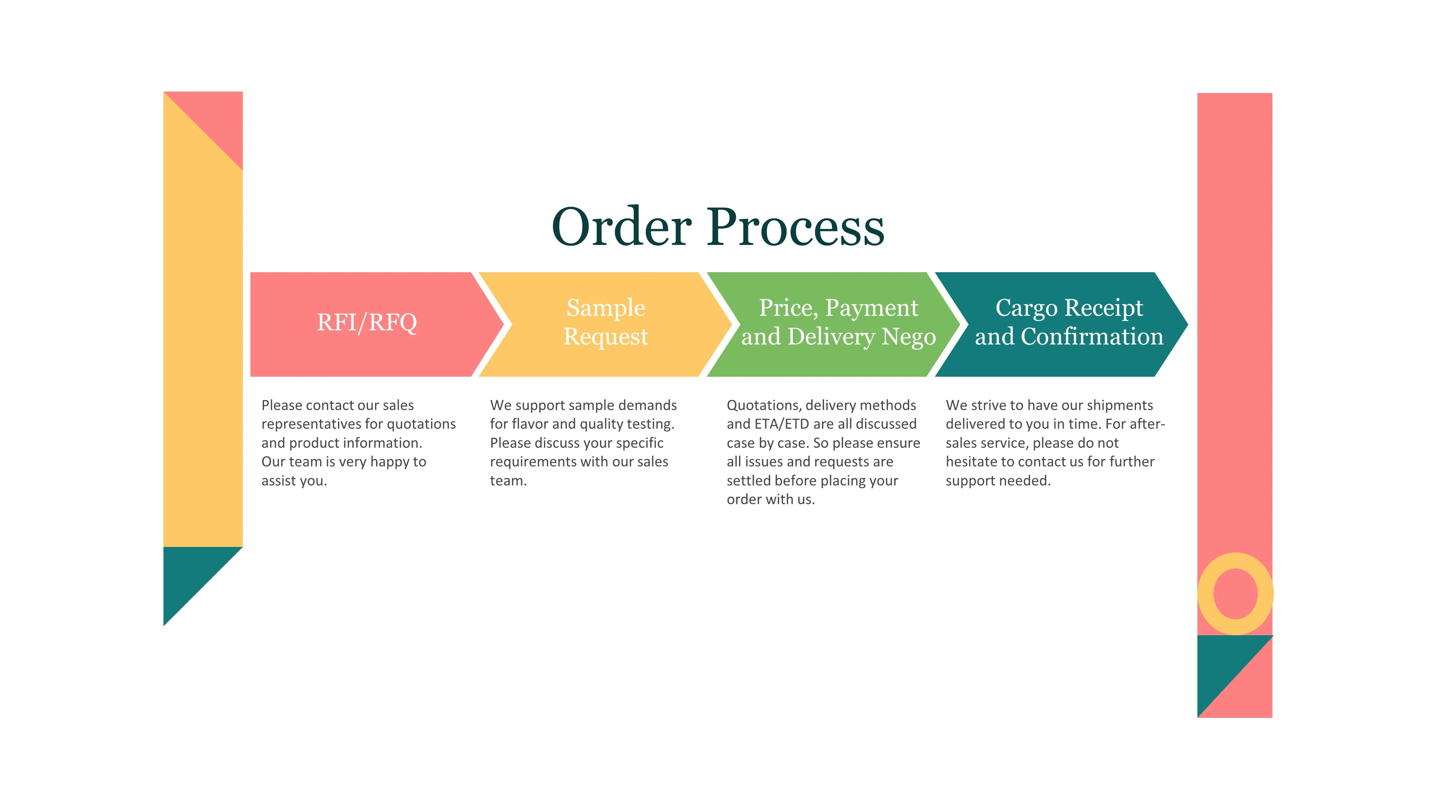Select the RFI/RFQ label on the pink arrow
point(366,322)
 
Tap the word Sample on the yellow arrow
point(606,308)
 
